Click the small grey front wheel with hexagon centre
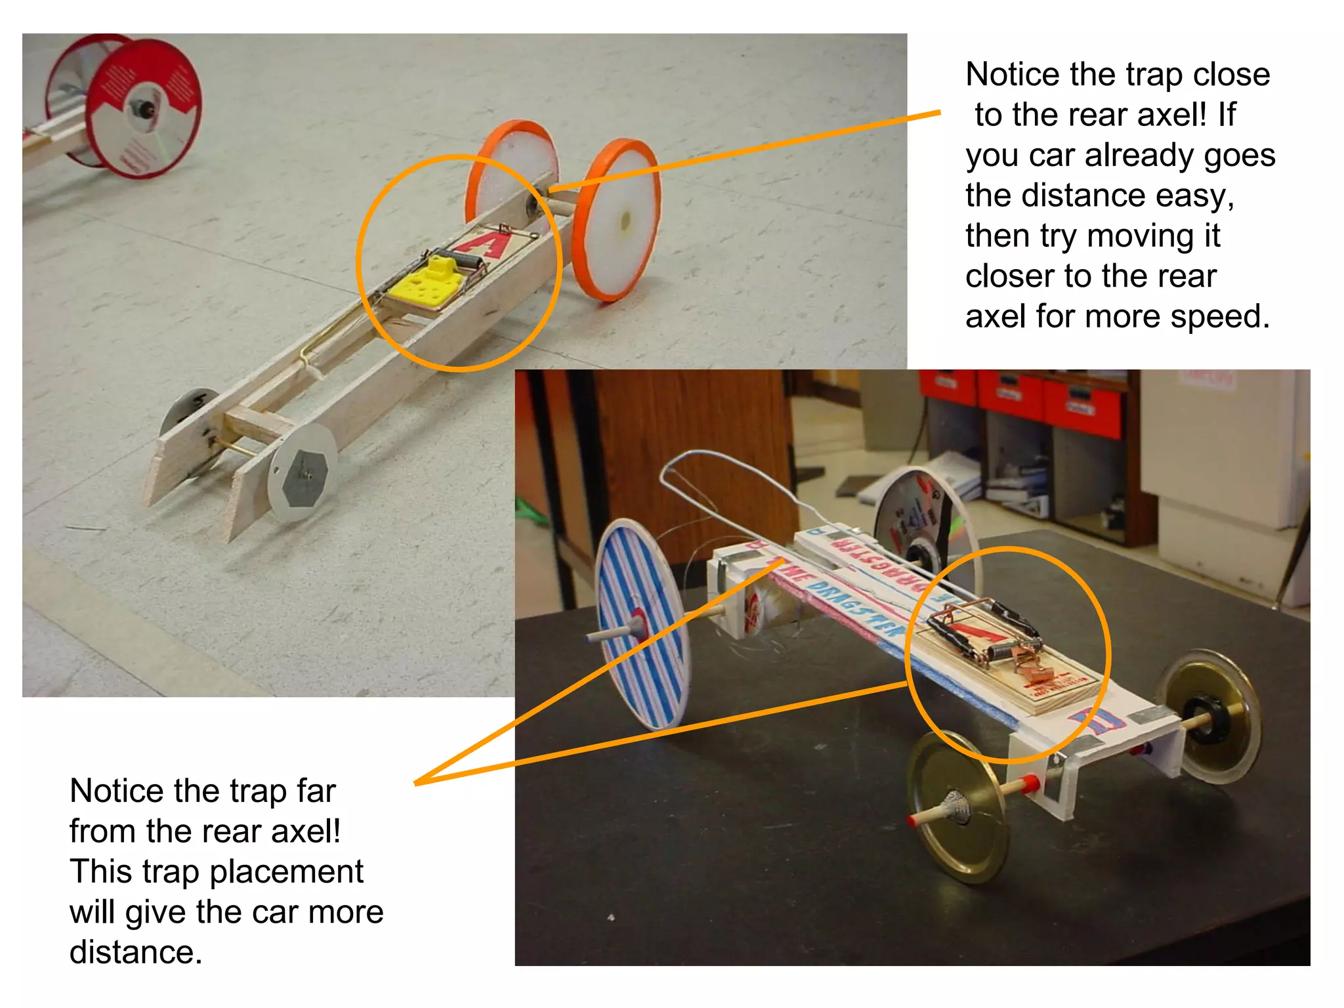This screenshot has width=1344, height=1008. tap(302, 472)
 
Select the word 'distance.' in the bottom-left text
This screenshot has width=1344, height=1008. tap(136, 952)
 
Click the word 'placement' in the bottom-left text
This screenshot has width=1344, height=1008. tap(286, 871)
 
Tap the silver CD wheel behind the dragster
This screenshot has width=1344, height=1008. tap(919, 518)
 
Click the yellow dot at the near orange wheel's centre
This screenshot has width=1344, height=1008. tap(625, 220)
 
